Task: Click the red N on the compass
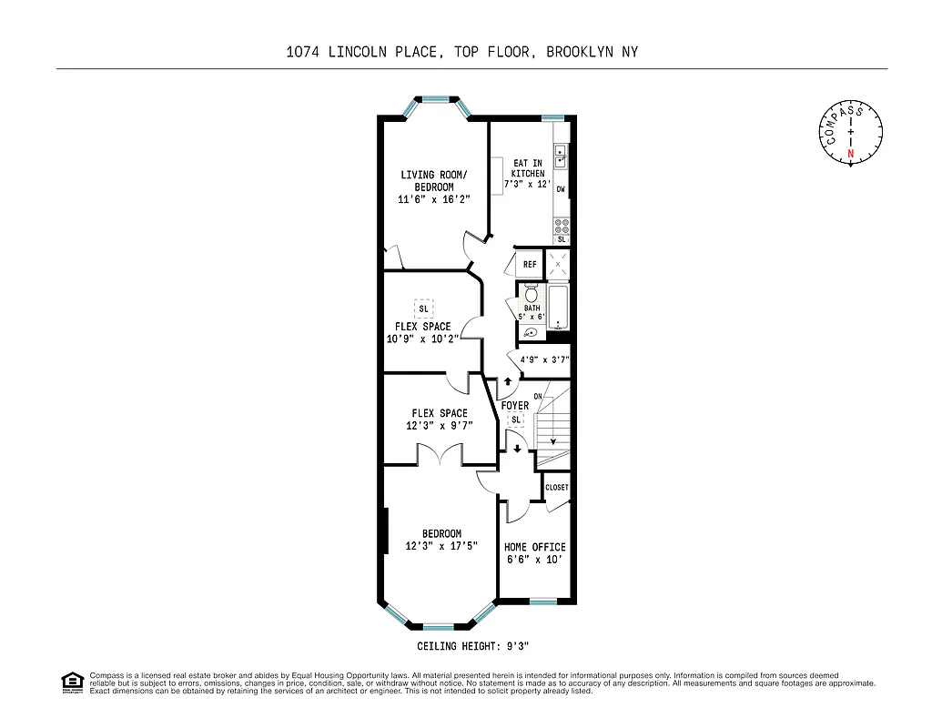click(851, 154)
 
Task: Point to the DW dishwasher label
click(561, 189)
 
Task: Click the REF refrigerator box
click(529, 265)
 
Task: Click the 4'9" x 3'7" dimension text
click(544, 359)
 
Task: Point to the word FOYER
click(514, 406)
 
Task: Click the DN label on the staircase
click(538, 396)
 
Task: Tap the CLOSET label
click(556, 488)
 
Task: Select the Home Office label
click(535, 547)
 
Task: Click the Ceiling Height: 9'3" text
click(472, 645)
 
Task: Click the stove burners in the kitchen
click(561, 224)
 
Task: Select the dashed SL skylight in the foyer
click(516, 420)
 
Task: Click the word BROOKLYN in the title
click(578, 52)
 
